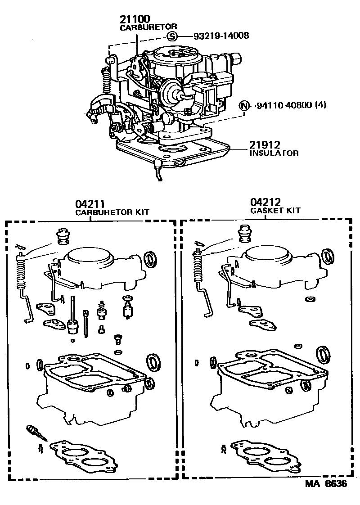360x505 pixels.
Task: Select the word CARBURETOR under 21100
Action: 142,27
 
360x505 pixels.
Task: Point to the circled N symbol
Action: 243,106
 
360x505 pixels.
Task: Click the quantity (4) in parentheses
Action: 320,106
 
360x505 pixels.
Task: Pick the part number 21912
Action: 265,145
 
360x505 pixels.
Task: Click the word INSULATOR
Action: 274,153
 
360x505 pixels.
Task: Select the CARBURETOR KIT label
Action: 112,212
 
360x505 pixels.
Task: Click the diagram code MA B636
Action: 326,485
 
